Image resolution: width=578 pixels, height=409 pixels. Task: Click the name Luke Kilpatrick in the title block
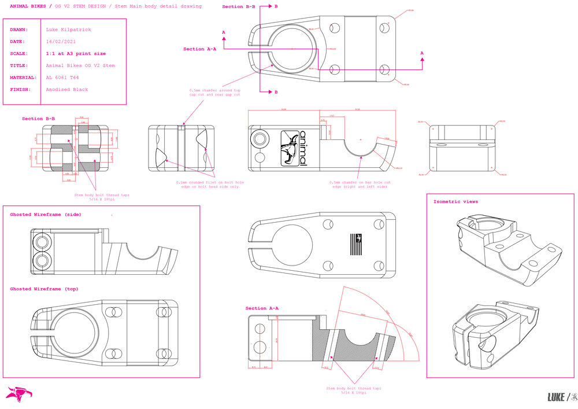pos(68,29)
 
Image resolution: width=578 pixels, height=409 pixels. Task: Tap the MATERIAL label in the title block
pos(23,78)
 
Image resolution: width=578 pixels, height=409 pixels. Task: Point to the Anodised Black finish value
pos(66,90)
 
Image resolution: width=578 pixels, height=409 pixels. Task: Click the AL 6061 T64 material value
pos(62,78)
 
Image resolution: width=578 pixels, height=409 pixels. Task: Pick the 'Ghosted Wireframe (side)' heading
pos(46,215)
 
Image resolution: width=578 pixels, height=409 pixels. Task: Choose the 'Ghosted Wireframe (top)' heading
pos(44,289)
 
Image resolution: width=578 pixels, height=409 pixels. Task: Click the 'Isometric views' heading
pos(455,202)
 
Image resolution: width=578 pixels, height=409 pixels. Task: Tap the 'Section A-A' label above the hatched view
pos(262,308)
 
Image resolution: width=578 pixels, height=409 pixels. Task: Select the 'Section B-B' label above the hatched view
pos(39,119)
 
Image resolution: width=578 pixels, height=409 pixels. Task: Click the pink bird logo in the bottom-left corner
pos(18,394)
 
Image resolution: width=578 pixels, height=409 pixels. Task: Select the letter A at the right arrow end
pos(421,53)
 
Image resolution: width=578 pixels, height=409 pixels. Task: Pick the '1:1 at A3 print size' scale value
pos(76,54)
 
